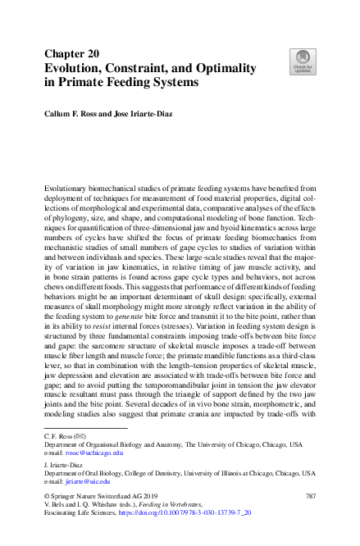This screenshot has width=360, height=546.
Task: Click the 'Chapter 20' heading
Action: point(72,53)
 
